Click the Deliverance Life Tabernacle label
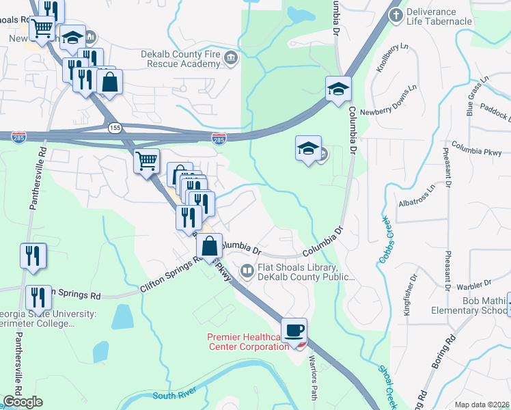439,16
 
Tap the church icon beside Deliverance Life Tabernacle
396,14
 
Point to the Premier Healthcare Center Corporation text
247,342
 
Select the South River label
176,395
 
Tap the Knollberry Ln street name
387,59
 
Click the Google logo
23,402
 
